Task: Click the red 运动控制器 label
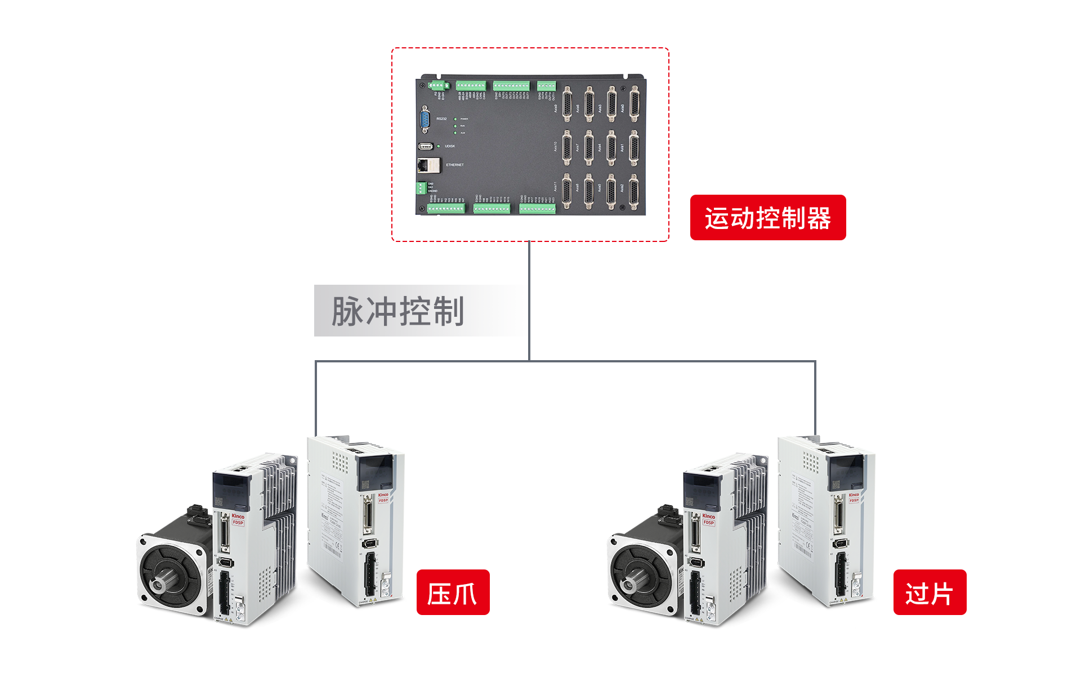tap(767, 218)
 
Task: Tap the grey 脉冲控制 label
tap(397, 311)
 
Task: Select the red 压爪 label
tap(453, 593)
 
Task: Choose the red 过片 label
tap(930, 593)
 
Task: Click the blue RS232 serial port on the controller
tap(425, 119)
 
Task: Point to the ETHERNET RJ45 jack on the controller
tap(428, 165)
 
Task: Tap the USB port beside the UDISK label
tap(426, 146)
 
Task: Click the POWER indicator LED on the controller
tap(455, 119)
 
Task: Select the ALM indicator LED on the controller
tap(455, 133)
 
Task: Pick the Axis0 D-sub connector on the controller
tap(635, 104)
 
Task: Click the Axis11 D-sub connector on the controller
tap(567, 190)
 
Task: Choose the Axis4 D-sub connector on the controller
tap(611, 147)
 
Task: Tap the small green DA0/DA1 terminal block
tap(421, 188)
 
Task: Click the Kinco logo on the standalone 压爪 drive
tap(383, 495)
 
